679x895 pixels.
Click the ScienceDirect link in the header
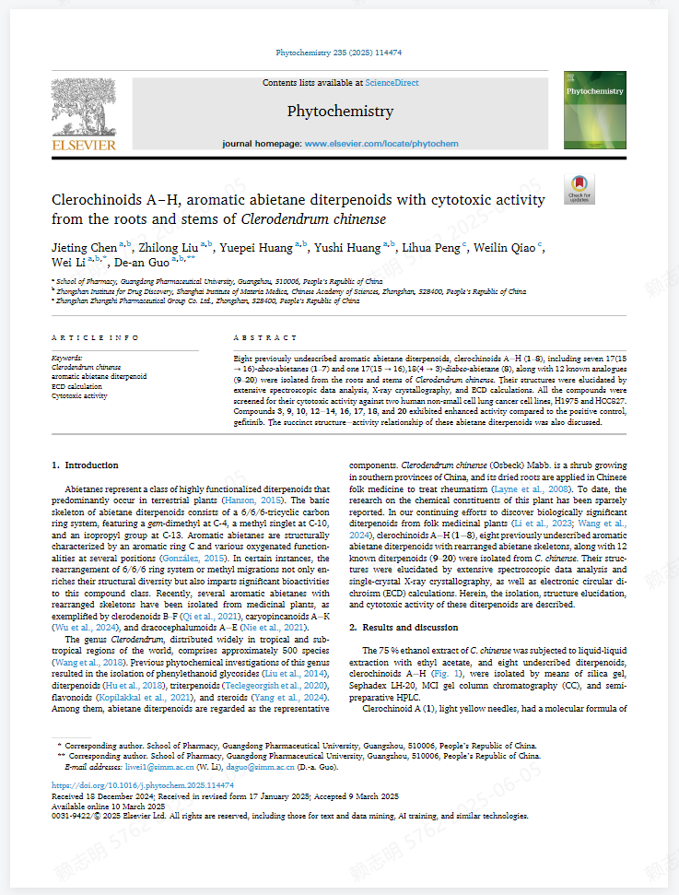coord(392,83)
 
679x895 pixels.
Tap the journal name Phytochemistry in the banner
coord(340,112)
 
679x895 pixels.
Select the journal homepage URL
coord(381,145)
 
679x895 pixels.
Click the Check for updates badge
coord(579,189)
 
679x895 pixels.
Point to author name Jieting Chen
coord(85,248)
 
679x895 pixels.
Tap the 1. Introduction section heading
coord(85,465)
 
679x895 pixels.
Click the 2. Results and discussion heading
coord(404,627)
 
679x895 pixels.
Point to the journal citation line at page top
coord(339,53)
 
